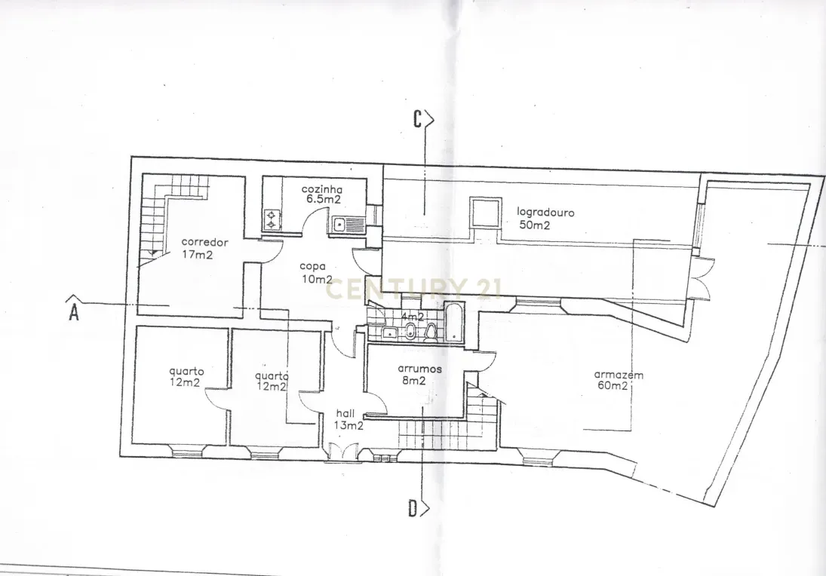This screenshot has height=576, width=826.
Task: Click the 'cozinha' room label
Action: click(322, 189)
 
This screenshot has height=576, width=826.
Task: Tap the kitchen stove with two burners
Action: click(271, 219)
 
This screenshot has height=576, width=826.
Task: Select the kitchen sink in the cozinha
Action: click(347, 223)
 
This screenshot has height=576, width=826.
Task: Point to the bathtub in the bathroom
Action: click(455, 323)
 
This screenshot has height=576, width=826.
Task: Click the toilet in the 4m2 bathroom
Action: click(431, 332)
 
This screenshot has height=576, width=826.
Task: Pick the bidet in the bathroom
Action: click(410, 332)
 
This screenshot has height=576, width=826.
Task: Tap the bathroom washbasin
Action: click(388, 332)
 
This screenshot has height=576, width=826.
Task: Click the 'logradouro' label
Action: click(545, 213)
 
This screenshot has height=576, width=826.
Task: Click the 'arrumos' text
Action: click(419, 369)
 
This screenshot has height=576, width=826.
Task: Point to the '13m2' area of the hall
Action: click(349, 425)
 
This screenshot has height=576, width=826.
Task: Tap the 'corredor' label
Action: click(204, 243)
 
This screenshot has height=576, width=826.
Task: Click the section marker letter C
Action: click(417, 119)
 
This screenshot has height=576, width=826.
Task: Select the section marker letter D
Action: click(413, 509)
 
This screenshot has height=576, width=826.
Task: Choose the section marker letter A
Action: click(74, 312)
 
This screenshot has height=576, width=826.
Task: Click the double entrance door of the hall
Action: click(340, 453)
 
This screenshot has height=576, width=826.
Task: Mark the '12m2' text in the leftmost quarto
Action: click(185, 382)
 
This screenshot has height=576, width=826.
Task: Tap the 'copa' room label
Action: click(312, 266)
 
